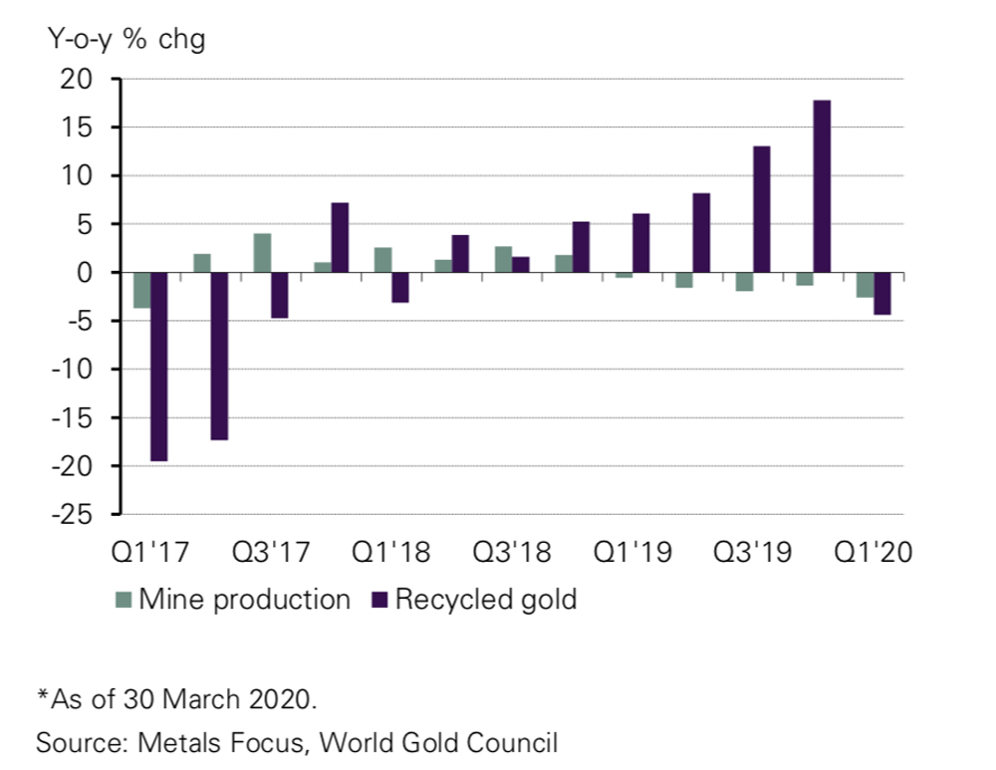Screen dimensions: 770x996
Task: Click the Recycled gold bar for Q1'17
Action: (158, 367)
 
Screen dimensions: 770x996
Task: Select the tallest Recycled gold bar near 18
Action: (822, 186)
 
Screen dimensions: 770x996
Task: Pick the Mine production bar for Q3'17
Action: (262, 253)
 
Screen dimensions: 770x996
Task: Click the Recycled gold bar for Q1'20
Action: (881, 293)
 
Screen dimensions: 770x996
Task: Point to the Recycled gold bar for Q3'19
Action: (761, 209)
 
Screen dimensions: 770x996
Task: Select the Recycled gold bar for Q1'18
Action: (399, 287)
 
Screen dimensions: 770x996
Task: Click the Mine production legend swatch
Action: (124, 600)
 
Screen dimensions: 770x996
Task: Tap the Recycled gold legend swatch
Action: (379, 600)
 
